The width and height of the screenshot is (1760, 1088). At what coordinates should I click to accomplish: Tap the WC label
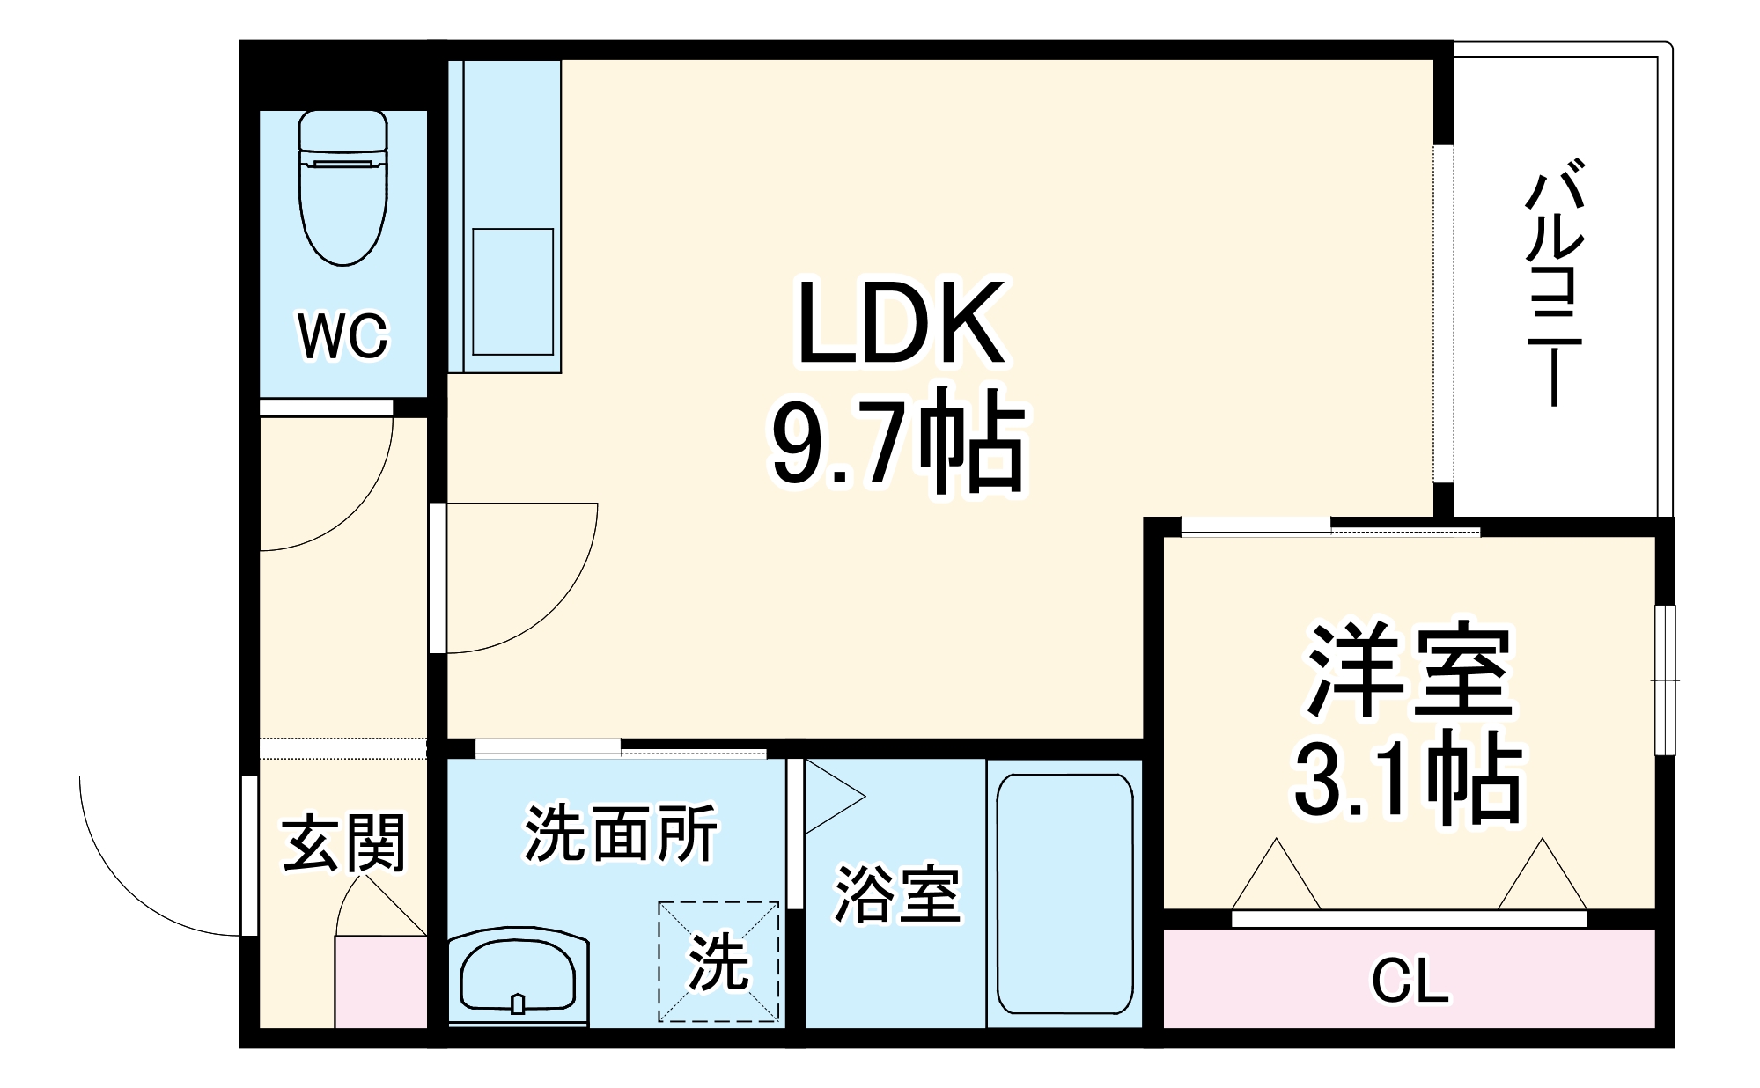click(342, 335)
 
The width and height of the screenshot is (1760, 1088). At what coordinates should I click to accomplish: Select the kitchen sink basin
click(512, 291)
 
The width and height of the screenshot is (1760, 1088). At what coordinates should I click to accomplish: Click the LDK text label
click(900, 323)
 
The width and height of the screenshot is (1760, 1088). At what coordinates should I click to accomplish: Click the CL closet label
click(1410, 981)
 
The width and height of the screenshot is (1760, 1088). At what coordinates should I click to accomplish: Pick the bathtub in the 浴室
click(1064, 894)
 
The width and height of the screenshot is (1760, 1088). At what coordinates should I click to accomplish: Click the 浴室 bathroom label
click(896, 894)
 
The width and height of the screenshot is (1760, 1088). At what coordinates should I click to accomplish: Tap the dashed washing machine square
click(719, 961)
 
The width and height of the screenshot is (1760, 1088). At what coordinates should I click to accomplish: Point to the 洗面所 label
click(621, 833)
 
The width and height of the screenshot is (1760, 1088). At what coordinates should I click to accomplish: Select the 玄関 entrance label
click(343, 842)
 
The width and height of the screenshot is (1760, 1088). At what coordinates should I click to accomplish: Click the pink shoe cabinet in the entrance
click(380, 982)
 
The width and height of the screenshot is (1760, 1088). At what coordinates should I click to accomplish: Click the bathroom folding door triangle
click(832, 797)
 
